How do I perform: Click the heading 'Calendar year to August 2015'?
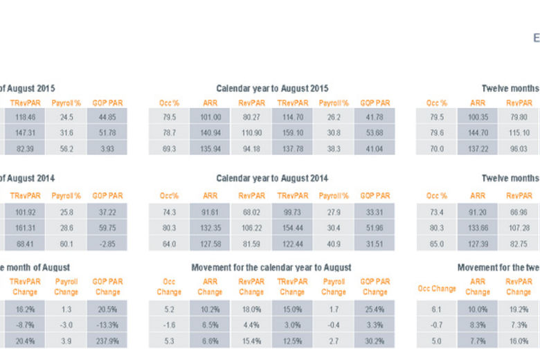coord(272,89)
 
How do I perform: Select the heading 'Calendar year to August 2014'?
coord(272,178)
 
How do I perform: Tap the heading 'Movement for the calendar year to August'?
coord(271,267)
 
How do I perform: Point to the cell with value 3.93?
coord(107,149)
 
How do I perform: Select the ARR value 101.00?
coord(210,117)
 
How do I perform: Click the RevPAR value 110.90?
coord(251,133)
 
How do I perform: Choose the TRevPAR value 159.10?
coord(292,133)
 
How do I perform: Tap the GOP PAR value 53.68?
coord(375,133)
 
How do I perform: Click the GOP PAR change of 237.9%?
coord(107,340)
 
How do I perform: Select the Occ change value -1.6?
coord(169,324)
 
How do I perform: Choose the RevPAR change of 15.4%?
coord(251,340)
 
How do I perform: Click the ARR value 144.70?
coord(478,133)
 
